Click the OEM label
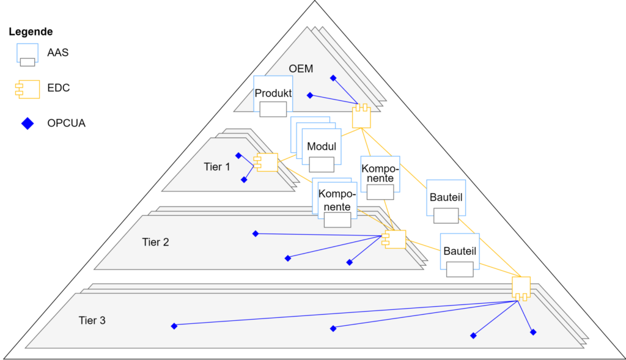coord(301,69)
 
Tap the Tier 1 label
coord(217,166)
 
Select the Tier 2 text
coord(155,242)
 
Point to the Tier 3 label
coord(92,320)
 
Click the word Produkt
coord(273,94)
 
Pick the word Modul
coord(322,147)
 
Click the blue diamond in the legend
coord(28,123)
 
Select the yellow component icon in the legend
coord(28,89)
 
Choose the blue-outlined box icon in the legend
coord(28,54)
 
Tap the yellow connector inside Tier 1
coord(267,163)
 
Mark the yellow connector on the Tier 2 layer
coord(394,240)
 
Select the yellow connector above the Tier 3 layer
coord(521,287)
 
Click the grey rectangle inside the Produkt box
coord(273,109)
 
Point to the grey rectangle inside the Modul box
coord(322,164)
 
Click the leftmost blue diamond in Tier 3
coord(174,326)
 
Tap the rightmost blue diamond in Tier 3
coord(533,332)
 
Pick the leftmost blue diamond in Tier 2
coord(256,233)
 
